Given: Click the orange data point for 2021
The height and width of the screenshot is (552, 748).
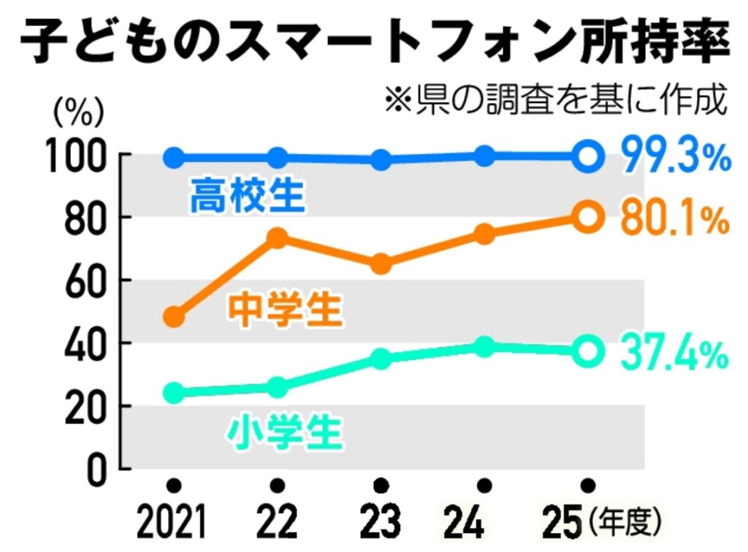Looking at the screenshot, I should (174, 317).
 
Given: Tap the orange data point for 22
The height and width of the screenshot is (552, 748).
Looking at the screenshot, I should (277, 237).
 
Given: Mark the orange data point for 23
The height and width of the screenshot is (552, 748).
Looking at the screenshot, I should (381, 264).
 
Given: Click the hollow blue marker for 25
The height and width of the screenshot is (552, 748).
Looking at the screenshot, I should (588, 156).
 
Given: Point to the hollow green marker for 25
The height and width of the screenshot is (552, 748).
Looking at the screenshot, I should (588, 352).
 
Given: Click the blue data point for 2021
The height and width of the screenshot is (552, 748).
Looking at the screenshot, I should (174, 157).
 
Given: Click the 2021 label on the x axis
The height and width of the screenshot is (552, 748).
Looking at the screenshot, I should (172, 523).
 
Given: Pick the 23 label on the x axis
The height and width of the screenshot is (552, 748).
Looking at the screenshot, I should (381, 523).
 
